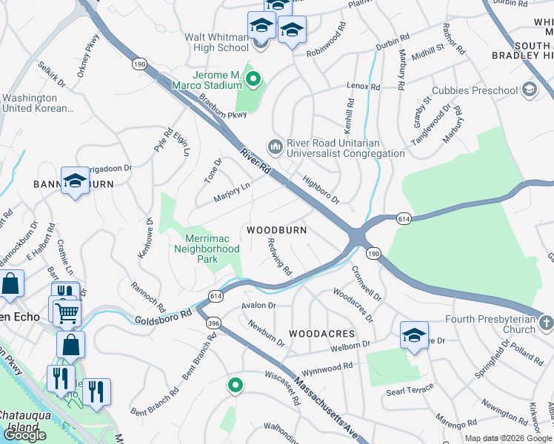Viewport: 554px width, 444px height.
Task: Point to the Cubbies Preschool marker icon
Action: click(529, 90)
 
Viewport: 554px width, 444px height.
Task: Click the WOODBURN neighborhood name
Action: click(276, 230)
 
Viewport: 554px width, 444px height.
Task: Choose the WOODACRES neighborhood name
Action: click(321, 334)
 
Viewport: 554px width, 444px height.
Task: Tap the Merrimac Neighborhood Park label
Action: click(206, 249)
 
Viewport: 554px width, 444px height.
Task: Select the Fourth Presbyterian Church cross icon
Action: click(546, 323)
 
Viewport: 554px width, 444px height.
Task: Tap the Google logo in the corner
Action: click(24, 435)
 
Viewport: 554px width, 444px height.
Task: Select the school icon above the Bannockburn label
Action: click(75, 181)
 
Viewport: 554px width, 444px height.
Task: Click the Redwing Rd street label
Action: click(279, 253)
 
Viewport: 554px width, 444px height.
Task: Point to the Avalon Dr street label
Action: click(258, 305)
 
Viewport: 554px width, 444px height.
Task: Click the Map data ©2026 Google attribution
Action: click(508, 438)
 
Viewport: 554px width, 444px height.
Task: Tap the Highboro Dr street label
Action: click(321, 189)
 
